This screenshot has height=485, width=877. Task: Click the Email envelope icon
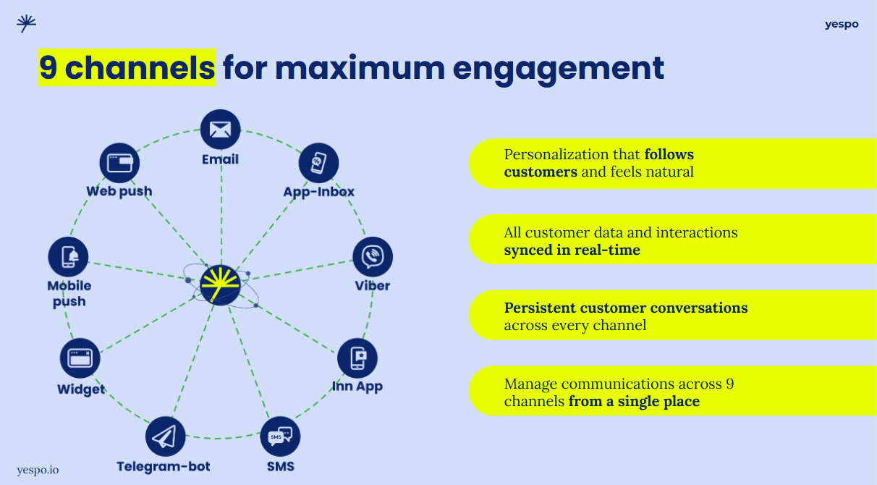coord(220,130)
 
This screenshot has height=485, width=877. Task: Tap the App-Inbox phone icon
coord(319,163)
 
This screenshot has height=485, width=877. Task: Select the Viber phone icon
coord(373,257)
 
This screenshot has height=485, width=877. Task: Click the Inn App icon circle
coord(357,358)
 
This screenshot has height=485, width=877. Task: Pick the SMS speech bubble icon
coord(280,436)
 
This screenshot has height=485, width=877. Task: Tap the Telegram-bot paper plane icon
coord(165,436)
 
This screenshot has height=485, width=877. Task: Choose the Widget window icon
coord(80,358)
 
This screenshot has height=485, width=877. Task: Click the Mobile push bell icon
coord(69,257)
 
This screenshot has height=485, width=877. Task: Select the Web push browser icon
coord(119,163)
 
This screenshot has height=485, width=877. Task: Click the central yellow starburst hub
coord(221,284)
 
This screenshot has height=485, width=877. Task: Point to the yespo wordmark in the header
coord(842,24)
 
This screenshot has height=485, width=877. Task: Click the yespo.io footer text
coord(38,470)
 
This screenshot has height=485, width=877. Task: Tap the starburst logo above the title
coord(27,23)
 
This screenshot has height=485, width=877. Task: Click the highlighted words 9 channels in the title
coord(127,68)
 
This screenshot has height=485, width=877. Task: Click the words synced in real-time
coord(572,250)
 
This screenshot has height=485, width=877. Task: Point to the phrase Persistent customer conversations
coord(626,308)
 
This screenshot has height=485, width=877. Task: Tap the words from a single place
coord(634,401)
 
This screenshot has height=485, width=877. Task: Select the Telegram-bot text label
coord(164,467)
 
